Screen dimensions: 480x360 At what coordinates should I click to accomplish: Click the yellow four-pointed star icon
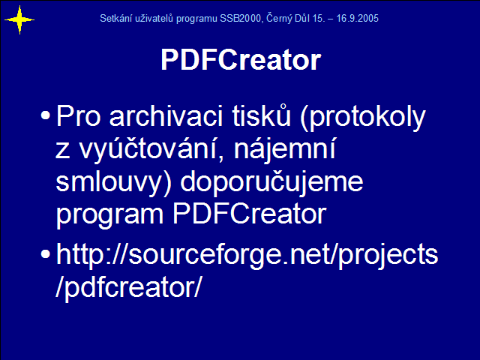point(19,20)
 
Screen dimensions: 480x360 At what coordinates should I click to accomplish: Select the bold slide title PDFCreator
point(241,59)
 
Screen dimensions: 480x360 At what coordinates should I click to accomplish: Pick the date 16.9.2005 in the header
point(358,18)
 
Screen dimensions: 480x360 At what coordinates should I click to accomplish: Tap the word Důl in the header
point(302,18)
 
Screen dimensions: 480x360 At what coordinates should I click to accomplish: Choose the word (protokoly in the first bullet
point(363,118)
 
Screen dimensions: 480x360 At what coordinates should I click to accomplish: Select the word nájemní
point(285,149)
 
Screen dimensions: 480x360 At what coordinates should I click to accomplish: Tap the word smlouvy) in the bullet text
point(113,182)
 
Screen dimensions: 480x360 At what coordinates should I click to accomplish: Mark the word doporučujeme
point(271,182)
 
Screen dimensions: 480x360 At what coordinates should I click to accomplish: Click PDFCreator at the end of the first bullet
point(250,214)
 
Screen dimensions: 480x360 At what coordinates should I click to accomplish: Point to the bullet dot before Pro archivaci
point(45,115)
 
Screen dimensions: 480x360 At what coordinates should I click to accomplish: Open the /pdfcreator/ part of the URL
point(128,286)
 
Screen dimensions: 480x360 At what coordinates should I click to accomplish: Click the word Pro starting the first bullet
point(78,116)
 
